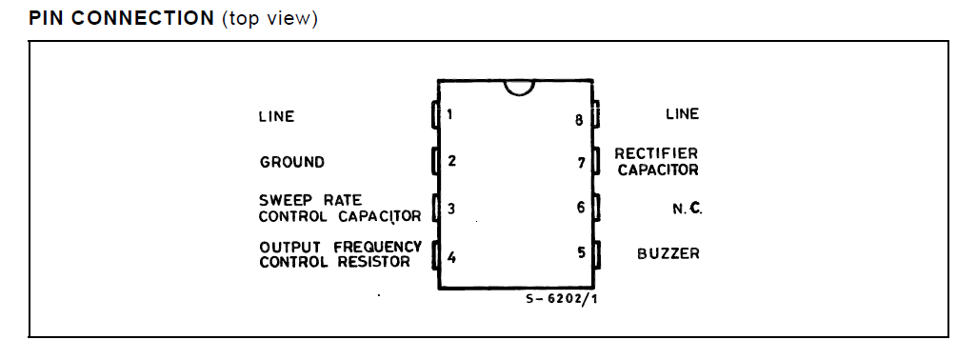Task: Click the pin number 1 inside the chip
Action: [x=449, y=115]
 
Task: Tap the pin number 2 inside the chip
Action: [x=451, y=161]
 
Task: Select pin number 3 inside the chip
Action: [x=451, y=208]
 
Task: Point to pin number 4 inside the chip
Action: [x=451, y=255]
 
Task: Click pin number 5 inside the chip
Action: [x=580, y=253]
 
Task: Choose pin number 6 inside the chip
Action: [x=580, y=207]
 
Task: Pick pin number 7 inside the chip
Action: [x=581, y=162]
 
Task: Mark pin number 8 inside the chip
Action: [x=579, y=120]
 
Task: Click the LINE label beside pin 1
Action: [x=277, y=116]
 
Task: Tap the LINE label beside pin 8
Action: [x=682, y=114]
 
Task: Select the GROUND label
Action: [x=292, y=162]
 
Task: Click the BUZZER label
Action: [x=668, y=254]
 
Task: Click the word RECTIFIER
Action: [x=656, y=152]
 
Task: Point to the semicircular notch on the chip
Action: [x=518, y=88]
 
